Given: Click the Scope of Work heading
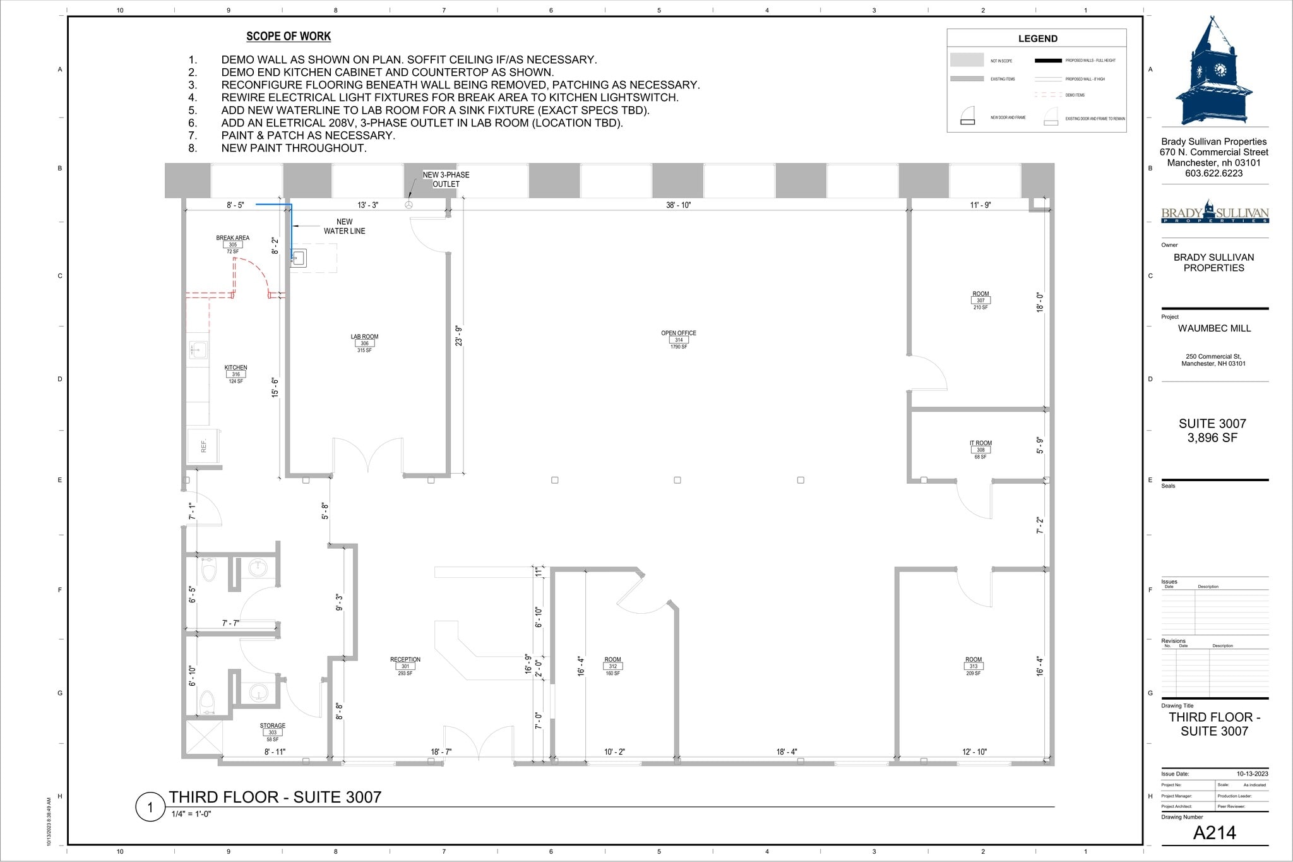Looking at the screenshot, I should point(289,37).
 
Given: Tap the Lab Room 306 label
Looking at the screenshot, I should point(364,343).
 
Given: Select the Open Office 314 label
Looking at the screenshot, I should point(679,339).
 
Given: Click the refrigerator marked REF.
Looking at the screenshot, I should point(203,446).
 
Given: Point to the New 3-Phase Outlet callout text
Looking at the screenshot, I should point(446,179).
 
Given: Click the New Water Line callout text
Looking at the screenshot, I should point(344,226).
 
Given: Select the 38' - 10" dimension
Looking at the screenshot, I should point(678,205).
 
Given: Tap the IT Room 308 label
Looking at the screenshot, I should point(980,450).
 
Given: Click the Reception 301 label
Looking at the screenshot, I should point(405,666).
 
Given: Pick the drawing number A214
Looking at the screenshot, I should point(1214,833).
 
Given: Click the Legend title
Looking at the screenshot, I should point(1037,39).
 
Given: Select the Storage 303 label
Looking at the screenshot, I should point(272,732).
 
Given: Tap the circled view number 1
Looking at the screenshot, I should point(150,807).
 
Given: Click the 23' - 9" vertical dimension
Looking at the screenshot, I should point(459,335).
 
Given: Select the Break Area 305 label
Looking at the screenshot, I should point(232,244).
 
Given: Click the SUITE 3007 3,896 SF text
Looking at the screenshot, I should point(1212,431).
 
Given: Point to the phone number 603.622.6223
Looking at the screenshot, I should point(1213,173).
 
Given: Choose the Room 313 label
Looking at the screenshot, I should point(973,666).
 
